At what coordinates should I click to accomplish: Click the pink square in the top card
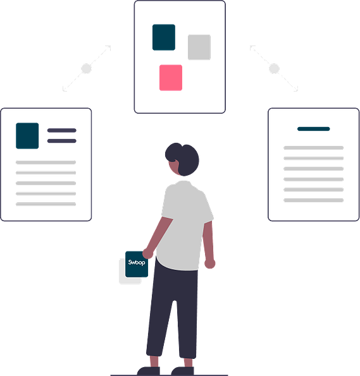[x=171, y=78]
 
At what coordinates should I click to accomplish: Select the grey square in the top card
[x=199, y=47]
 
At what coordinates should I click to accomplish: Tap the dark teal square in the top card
[x=164, y=37]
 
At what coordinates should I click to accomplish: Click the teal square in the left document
[x=27, y=136]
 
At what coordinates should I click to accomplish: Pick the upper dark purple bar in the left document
[x=62, y=130]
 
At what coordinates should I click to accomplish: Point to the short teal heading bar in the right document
[x=314, y=129]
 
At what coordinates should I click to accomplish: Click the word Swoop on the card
[x=137, y=263]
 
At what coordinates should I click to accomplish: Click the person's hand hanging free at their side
[x=209, y=264]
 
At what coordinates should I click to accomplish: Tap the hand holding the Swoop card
[x=147, y=253]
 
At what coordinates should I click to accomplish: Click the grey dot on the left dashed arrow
[x=87, y=69]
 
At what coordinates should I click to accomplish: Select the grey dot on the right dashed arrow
[x=274, y=69]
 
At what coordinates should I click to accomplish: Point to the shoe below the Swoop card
[x=148, y=371]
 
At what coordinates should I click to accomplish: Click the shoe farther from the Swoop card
[x=182, y=371]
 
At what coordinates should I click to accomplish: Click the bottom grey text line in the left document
[x=46, y=204]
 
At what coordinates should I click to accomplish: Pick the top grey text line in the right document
[x=314, y=148]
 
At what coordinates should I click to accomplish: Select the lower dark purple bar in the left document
[x=62, y=141]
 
